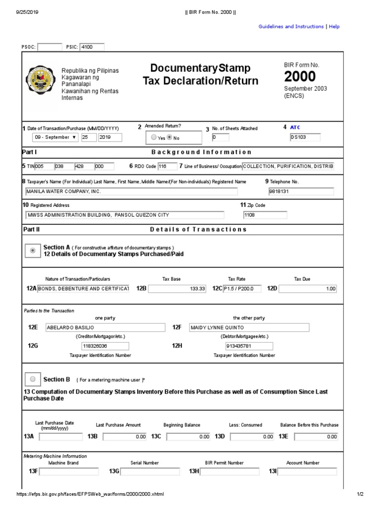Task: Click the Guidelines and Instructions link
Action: click(x=291, y=27)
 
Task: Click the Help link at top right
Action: click(x=334, y=27)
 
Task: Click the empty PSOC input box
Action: click(x=49, y=47)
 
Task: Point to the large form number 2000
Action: click(x=299, y=77)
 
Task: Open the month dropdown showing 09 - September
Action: click(x=55, y=137)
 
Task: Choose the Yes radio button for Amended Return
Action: click(x=154, y=138)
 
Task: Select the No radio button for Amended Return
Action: click(x=169, y=138)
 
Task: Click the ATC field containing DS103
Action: click(x=305, y=137)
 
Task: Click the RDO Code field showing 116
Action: click(x=167, y=166)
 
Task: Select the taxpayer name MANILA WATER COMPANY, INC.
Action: click(x=131, y=192)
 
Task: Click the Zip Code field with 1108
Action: click(x=264, y=215)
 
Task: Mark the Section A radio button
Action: click(x=33, y=251)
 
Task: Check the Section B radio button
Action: click(x=33, y=379)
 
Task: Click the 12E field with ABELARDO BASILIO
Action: click(x=105, y=327)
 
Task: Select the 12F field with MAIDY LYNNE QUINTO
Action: click(x=249, y=327)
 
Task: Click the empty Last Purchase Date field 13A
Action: click(x=61, y=437)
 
